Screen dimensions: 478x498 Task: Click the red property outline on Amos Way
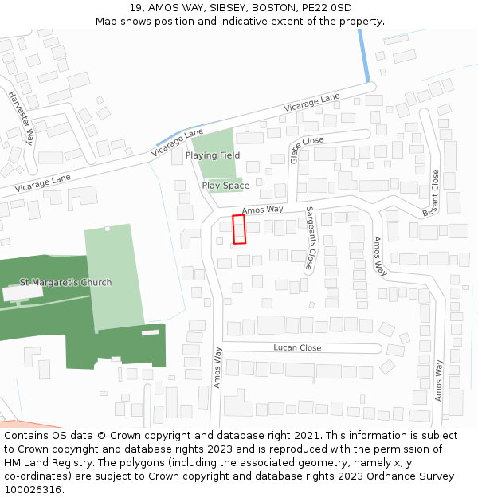239,229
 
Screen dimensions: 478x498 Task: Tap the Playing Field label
213,155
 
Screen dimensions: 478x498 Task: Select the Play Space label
225,186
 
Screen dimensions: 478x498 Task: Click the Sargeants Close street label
310,237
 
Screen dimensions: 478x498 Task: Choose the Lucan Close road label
297,347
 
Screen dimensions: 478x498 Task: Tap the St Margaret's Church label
65,282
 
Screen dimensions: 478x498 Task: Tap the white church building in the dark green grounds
22,292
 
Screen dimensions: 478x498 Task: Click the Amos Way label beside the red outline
262,210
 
